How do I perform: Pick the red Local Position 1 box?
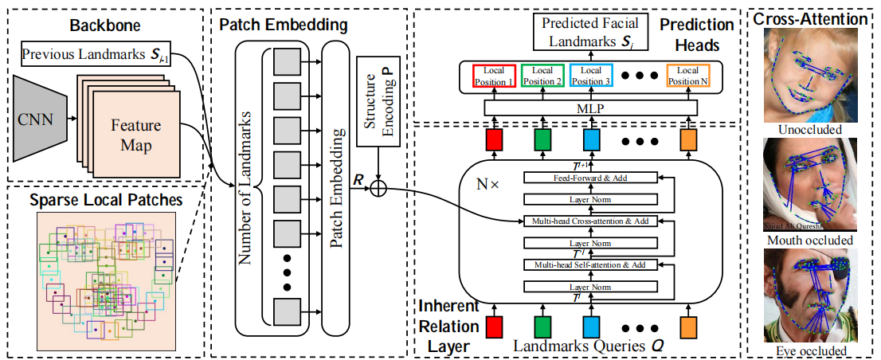pyautogui.click(x=490, y=76)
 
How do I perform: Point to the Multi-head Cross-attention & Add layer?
pyautogui.click(x=590, y=220)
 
